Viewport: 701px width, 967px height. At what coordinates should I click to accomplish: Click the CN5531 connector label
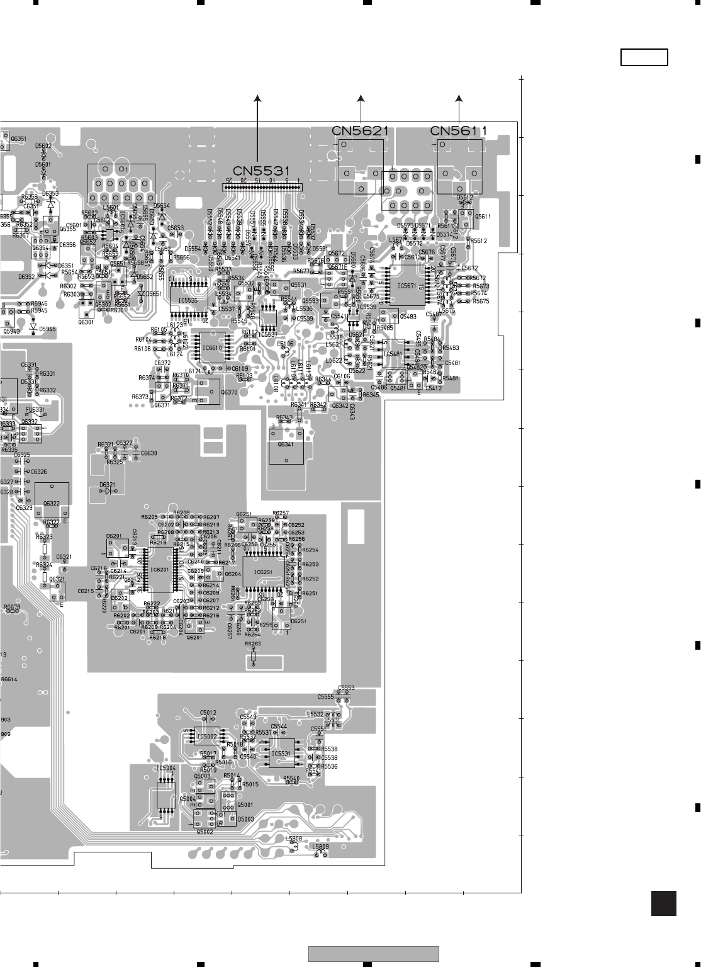261,171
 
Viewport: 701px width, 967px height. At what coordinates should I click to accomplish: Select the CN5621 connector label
360,131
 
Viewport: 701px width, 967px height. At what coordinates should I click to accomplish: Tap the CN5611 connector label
458,131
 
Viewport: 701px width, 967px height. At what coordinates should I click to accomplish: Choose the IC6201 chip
160,569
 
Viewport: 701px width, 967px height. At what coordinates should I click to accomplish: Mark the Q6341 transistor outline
286,446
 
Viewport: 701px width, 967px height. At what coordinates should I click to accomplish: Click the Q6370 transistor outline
209,391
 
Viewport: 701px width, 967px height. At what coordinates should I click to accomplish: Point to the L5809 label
320,847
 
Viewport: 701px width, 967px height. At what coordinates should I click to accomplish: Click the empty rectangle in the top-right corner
644,57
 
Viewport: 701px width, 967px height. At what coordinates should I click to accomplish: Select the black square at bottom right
664,903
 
